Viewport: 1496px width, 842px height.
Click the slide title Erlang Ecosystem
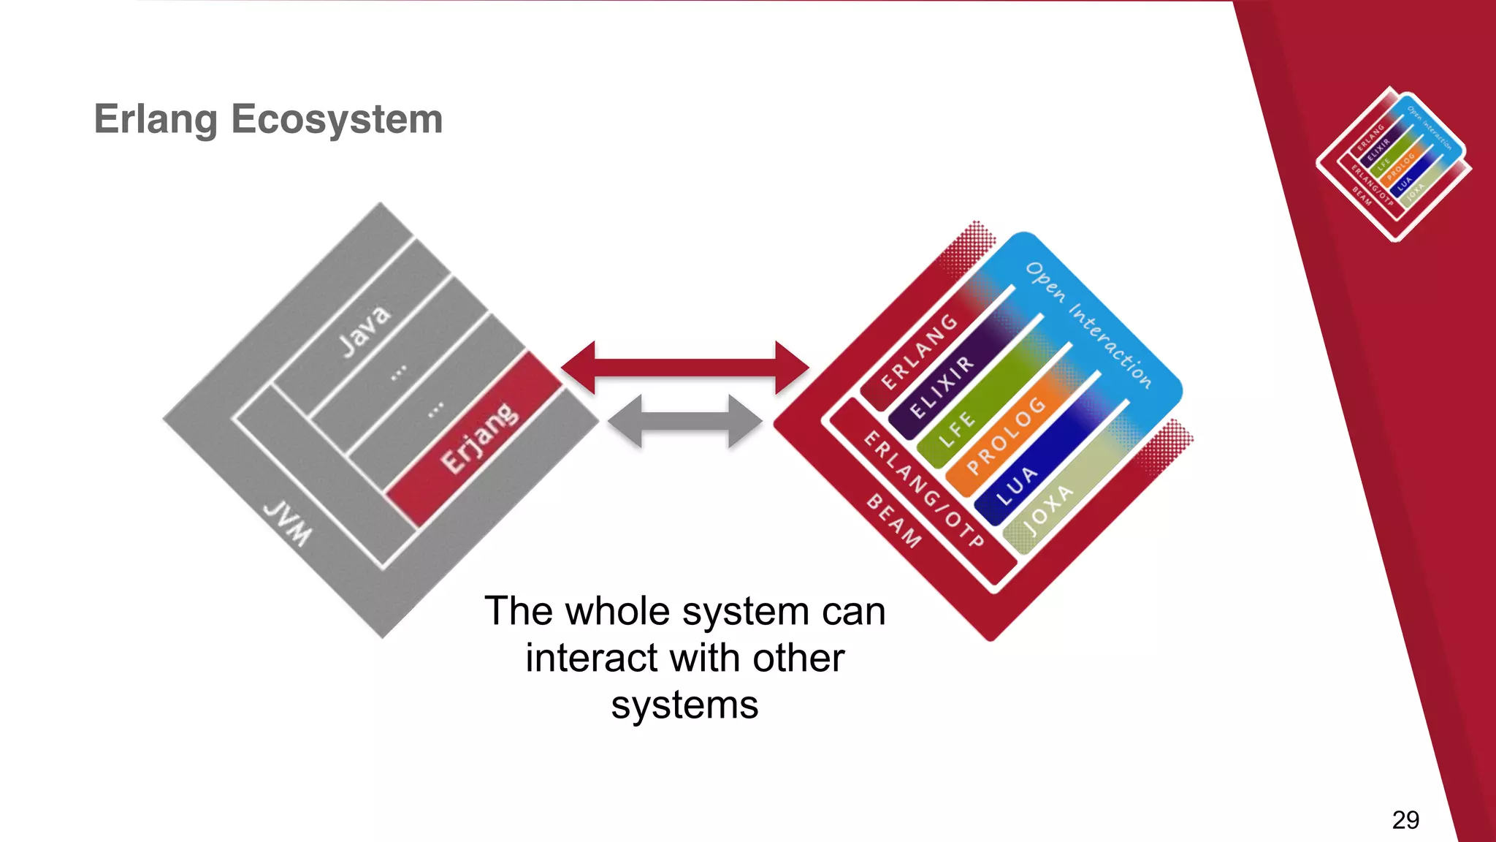pos(268,119)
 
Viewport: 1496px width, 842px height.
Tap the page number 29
pos(1405,819)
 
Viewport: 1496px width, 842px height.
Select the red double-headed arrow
pos(684,368)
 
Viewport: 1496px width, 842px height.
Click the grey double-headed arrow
pos(684,422)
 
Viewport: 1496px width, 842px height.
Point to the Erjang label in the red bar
pos(479,438)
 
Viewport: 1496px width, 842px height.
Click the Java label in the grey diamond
pos(365,331)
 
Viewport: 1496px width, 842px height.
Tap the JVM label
pos(288,523)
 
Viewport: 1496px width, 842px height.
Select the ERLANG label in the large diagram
pos(919,352)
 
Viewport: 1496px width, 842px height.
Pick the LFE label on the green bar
pos(957,430)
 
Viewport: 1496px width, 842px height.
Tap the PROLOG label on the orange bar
pos(1006,435)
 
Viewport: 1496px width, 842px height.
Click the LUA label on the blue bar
pos(1017,486)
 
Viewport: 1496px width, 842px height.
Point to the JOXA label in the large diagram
pos(1048,509)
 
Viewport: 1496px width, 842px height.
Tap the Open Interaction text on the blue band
pos(1088,325)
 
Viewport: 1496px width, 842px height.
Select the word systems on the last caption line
pos(684,705)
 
